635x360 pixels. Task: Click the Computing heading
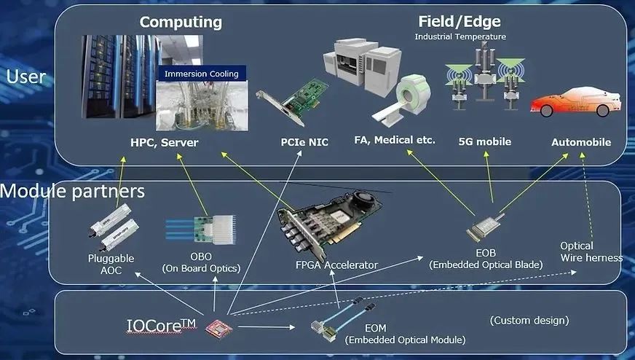pyautogui.click(x=181, y=22)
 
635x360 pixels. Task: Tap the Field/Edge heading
pyautogui.click(x=460, y=21)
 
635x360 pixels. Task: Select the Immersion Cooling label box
pyautogui.click(x=201, y=73)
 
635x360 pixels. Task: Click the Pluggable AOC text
pyautogui.click(x=111, y=264)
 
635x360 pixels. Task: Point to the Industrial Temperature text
pyautogui.click(x=460, y=36)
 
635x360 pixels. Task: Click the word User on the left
pyautogui.click(x=25, y=77)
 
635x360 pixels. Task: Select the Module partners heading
pyautogui.click(x=72, y=192)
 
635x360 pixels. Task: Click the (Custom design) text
pyautogui.click(x=529, y=320)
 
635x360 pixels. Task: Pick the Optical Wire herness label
pyautogui.click(x=591, y=251)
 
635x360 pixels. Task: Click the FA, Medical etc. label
pyautogui.click(x=395, y=139)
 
